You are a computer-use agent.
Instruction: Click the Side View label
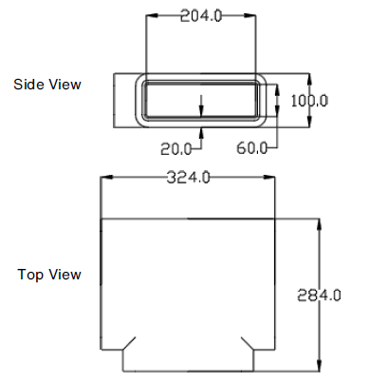[x=47, y=85]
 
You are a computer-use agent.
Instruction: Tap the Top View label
[x=49, y=275]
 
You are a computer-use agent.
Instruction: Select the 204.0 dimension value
[x=200, y=15]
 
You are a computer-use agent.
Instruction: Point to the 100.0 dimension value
[x=308, y=100]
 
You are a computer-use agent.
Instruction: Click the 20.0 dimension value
[x=175, y=148]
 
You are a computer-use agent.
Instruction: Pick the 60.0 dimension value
[x=252, y=148]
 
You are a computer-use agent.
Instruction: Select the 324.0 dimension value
[x=189, y=177]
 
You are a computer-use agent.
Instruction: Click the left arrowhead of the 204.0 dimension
[x=150, y=16]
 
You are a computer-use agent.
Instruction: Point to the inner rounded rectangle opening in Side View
[x=200, y=100]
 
